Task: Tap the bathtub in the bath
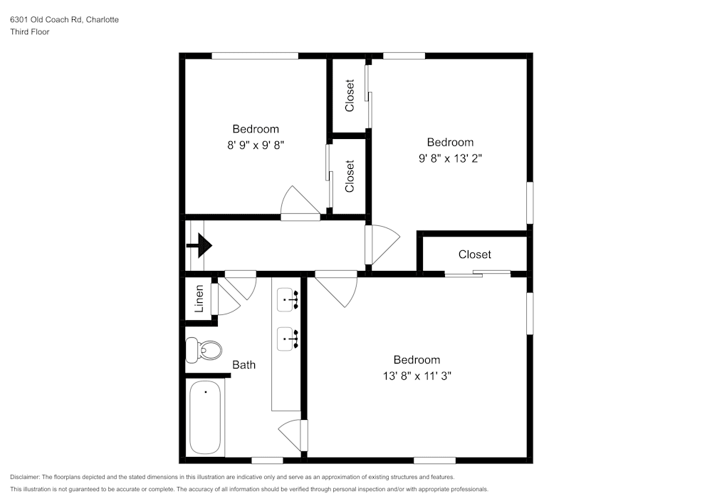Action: [206, 417]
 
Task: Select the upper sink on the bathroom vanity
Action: [289, 300]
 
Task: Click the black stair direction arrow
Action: [200, 245]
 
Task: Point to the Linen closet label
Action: [199, 298]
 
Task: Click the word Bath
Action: [244, 365]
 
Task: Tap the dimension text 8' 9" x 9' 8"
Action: [256, 144]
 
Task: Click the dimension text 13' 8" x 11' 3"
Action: [417, 375]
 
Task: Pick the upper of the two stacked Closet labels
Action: [350, 96]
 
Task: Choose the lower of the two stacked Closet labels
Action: [350, 176]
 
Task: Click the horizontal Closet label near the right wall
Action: [474, 254]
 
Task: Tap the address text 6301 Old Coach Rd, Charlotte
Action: [64, 20]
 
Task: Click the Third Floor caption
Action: [30, 32]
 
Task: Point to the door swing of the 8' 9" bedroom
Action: [299, 201]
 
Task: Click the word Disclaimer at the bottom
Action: [25, 477]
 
